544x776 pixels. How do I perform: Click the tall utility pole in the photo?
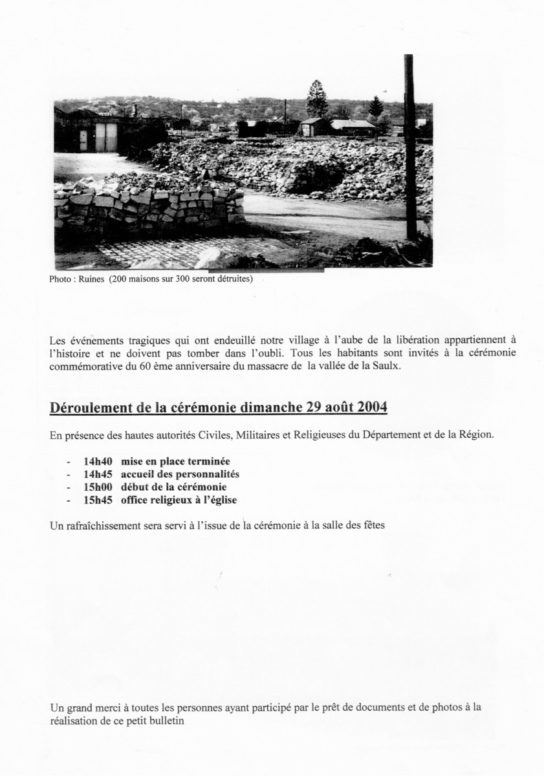point(410,149)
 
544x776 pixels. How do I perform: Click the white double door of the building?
point(106,136)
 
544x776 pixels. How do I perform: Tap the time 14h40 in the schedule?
point(98,462)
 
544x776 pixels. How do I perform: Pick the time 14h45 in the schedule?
point(98,475)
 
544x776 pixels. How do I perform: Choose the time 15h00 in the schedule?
point(98,487)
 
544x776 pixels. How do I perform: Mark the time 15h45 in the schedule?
point(98,500)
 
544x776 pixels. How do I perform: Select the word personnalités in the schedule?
point(202,475)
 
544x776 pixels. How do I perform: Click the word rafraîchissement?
point(102,525)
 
